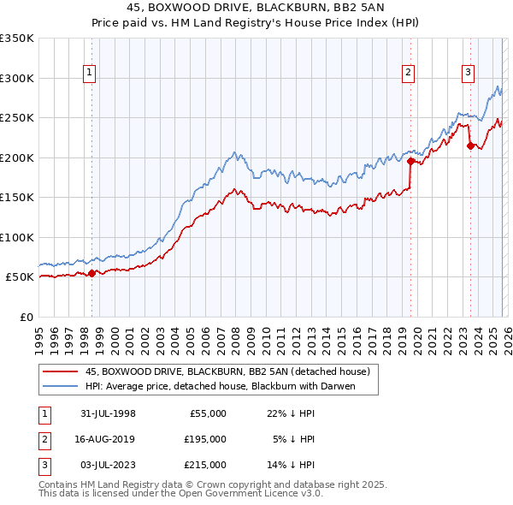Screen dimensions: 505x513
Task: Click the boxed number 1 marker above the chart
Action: [91, 73]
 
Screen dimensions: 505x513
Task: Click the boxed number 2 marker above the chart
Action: [409, 73]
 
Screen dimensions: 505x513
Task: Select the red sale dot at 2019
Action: [411, 161]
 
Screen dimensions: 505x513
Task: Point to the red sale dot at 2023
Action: [470, 146]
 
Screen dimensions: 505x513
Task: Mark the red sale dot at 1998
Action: [92, 273]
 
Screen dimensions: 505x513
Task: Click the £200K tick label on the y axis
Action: [17, 157]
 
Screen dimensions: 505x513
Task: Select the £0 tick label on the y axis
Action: [26, 317]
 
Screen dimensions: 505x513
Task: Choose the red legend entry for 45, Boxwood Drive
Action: [227, 372]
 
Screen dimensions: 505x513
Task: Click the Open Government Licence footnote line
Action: [181, 494]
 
